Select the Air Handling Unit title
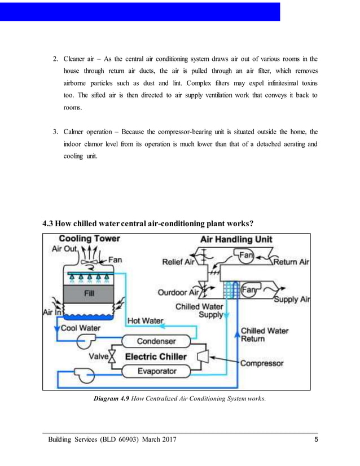pos(236,239)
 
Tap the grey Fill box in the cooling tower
pos(89,293)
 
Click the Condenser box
pos(156,341)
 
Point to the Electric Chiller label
pos(156,356)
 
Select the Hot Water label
pos(146,320)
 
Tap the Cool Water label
pos(81,328)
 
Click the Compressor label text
pos(262,363)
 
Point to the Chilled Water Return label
pos(264,335)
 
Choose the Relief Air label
pos(178,262)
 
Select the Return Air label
pos(291,262)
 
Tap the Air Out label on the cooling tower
pos(65,249)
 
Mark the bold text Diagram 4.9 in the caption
pos(112,399)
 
